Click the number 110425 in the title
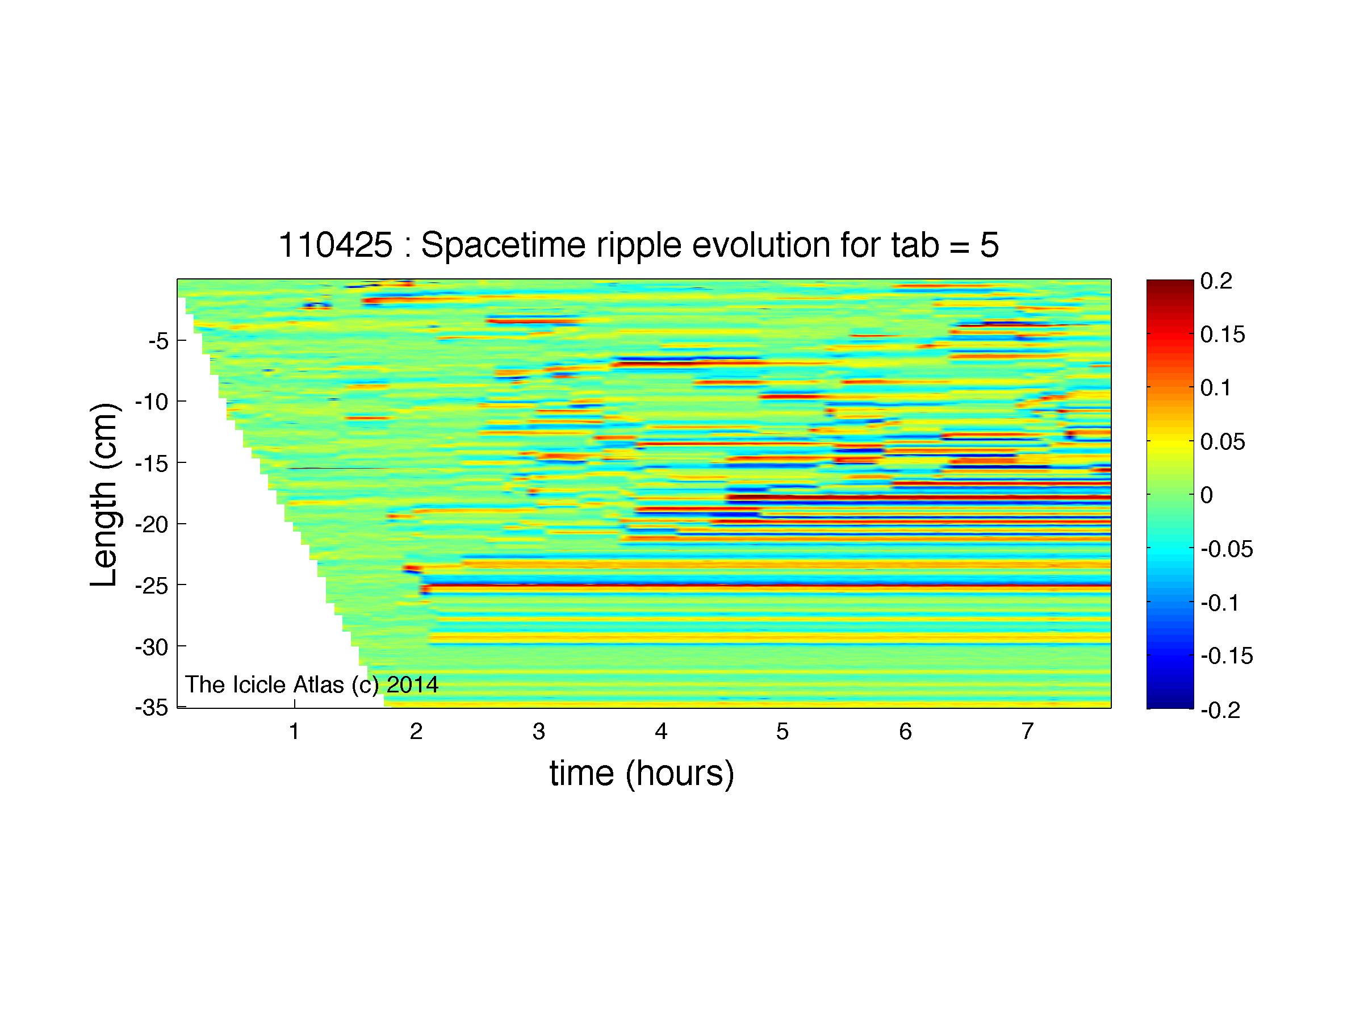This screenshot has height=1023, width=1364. pos(336,245)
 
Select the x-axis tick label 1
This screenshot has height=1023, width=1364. pos(294,732)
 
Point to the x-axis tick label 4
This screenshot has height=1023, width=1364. pos(661,732)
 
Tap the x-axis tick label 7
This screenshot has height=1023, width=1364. pos(1027,732)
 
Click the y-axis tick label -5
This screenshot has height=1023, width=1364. pos(158,340)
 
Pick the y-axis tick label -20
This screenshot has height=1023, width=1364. pos(152,524)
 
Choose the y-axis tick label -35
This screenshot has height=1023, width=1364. pos(152,707)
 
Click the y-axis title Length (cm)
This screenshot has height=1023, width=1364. pos(103,495)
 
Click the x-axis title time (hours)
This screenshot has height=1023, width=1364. pos(642,773)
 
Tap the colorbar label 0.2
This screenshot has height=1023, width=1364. pos(1216,281)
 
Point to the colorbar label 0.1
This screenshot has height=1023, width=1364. pos(1216,388)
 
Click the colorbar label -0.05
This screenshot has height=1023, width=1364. pos(1227,549)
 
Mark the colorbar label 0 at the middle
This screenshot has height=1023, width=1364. pos(1207,495)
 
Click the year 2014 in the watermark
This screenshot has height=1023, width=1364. pos(412,684)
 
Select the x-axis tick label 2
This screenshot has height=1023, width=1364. pos(416,732)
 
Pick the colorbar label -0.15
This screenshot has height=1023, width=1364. pos(1227,656)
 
